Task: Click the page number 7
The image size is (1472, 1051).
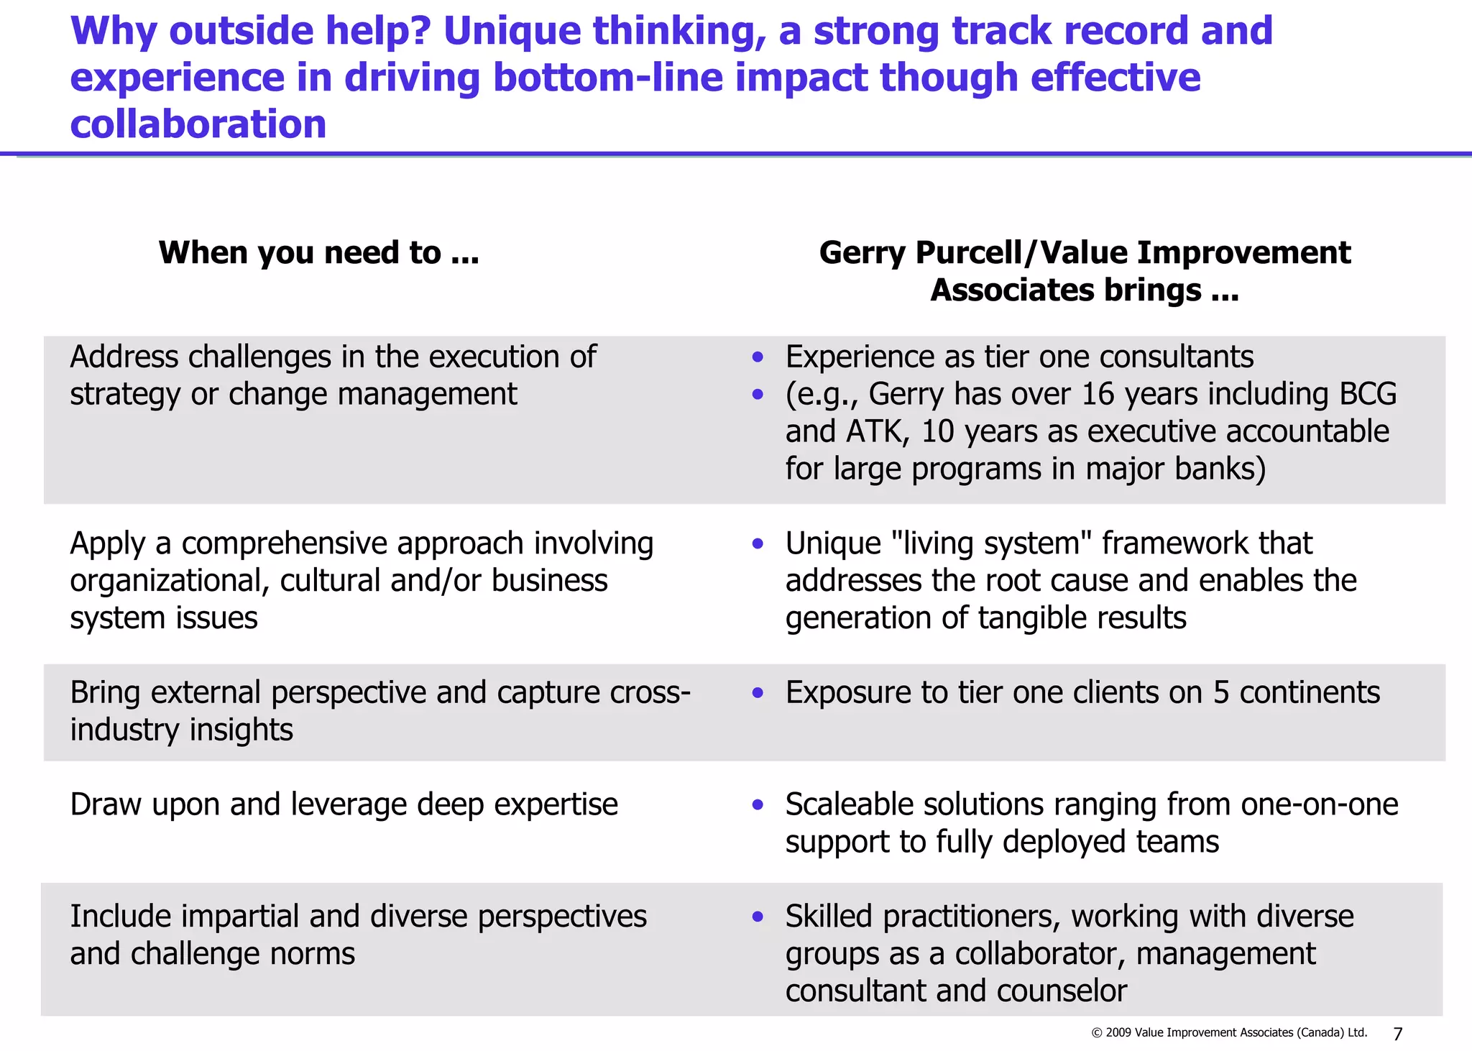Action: coord(1397,1034)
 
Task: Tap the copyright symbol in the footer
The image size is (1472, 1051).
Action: coord(1097,1033)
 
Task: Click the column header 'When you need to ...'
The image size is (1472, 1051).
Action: coord(318,253)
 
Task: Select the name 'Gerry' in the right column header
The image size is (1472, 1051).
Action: coord(862,253)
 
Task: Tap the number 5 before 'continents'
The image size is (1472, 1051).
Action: coord(1221,692)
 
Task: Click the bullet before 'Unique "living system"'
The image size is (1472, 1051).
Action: coord(758,544)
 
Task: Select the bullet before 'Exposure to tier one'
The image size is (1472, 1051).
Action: coord(758,693)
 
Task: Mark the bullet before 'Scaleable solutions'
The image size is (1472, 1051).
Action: coord(758,805)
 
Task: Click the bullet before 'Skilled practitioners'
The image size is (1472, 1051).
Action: coord(758,917)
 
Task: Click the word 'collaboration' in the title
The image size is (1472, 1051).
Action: coord(198,124)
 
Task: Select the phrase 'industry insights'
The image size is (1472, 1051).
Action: coord(181,730)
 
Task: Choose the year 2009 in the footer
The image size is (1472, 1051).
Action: coord(1118,1033)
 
